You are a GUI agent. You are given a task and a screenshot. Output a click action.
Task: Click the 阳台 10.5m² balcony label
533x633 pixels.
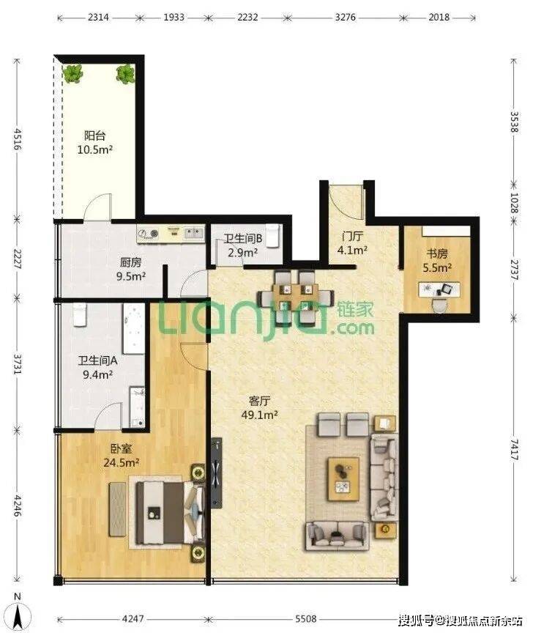click(x=95, y=142)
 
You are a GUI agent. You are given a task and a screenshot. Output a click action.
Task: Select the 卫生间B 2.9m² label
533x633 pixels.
click(x=243, y=245)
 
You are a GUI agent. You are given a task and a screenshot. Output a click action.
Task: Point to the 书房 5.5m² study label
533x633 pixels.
click(x=437, y=260)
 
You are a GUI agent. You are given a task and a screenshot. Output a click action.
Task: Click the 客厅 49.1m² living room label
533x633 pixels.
click(x=259, y=408)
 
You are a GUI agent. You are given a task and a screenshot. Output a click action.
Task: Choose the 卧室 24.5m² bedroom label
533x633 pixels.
click(x=121, y=456)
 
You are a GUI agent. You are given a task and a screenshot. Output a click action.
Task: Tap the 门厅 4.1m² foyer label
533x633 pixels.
click(x=352, y=243)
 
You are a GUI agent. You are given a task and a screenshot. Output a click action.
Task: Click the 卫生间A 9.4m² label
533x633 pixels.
click(x=97, y=367)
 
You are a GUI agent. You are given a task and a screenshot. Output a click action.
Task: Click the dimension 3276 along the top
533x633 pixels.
click(x=346, y=17)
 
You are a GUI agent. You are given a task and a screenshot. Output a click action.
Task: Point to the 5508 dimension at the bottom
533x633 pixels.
click(x=306, y=618)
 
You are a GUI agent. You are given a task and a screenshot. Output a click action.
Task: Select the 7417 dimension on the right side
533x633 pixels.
click(x=515, y=450)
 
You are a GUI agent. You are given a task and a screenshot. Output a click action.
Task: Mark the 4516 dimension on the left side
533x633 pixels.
click(x=17, y=139)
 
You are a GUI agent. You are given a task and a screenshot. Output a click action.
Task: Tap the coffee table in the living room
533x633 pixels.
click(x=343, y=479)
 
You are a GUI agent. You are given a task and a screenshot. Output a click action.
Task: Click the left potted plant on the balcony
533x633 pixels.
click(x=72, y=74)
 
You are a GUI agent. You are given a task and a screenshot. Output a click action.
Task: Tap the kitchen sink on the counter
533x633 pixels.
click(x=194, y=233)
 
